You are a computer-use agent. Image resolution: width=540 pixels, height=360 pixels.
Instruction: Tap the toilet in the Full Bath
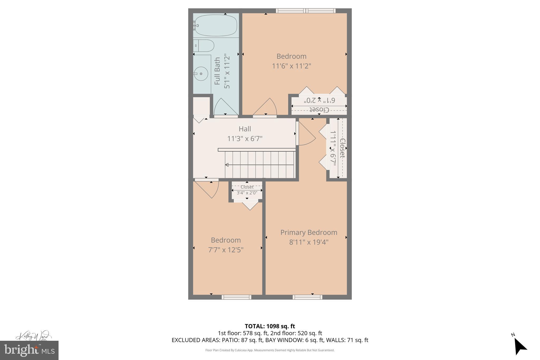204,46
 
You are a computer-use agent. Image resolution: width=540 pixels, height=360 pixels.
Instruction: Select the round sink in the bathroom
201,74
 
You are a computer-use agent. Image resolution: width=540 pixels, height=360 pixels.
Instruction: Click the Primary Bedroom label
308,232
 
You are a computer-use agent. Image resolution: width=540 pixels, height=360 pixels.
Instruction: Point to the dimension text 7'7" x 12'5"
226,250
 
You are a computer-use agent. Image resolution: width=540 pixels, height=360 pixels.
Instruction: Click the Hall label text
245,129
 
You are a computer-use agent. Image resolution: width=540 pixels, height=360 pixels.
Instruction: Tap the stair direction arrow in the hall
227,165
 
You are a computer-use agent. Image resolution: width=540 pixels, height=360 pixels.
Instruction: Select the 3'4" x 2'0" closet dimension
247,193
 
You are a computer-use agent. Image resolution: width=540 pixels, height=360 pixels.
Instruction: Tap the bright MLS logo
29,350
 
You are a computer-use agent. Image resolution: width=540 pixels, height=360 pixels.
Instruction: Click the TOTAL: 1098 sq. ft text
270,326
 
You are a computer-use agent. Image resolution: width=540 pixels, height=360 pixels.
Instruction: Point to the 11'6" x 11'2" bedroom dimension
291,66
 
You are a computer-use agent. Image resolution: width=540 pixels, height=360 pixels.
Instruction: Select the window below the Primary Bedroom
307,297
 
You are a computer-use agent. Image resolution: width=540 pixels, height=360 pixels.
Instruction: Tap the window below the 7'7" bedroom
236,297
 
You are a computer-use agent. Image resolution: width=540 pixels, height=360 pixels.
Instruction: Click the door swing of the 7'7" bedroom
208,188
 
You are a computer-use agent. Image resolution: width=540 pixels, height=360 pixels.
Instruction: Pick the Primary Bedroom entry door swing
306,135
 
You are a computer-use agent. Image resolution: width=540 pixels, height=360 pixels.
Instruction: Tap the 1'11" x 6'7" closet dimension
333,148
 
